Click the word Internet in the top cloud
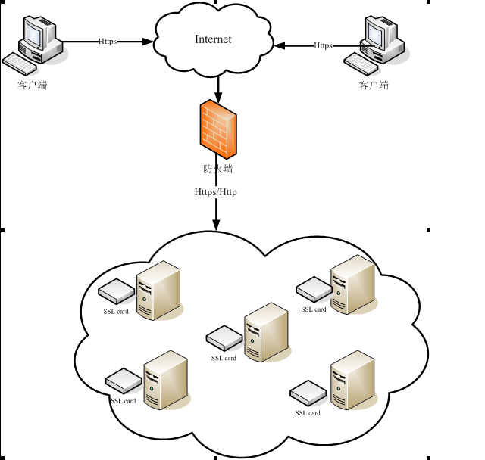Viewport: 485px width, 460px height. pos(213,39)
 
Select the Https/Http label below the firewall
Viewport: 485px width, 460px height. pos(216,193)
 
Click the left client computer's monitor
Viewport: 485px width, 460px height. pos(35,34)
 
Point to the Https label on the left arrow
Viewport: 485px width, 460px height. pos(108,42)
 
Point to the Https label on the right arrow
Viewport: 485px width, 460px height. pos(323,45)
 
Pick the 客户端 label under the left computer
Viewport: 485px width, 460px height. pos(32,85)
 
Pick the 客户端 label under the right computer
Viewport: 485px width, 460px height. pos(374,85)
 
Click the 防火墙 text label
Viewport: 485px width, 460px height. pos(217,169)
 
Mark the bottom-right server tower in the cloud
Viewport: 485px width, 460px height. pos(353,381)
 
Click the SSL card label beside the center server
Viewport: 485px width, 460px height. pos(224,359)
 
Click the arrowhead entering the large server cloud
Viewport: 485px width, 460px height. pos(216,225)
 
